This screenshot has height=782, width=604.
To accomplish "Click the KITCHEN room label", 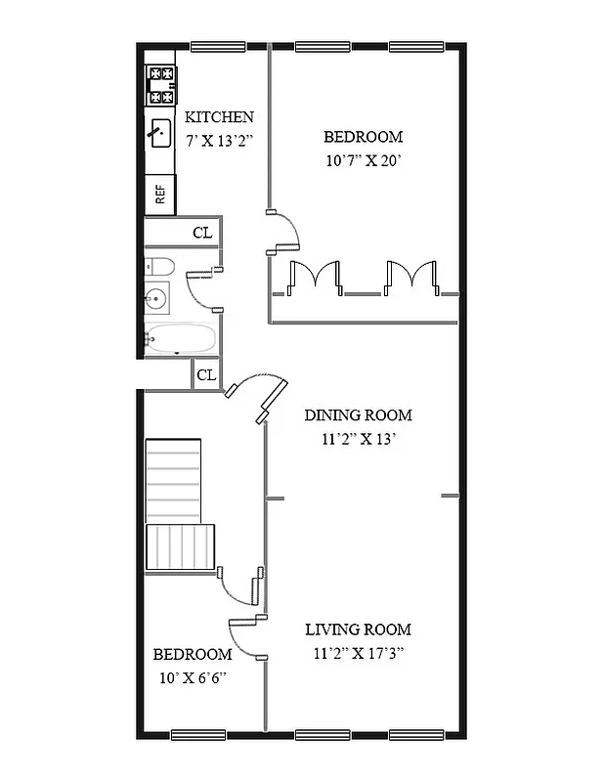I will (x=220, y=117).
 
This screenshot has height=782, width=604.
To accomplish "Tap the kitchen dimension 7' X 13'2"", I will (x=220, y=140).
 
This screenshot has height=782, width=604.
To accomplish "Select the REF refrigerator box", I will (x=160, y=195).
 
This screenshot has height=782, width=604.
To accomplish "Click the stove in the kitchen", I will (x=160, y=85).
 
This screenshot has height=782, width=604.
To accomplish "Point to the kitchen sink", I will (x=159, y=130).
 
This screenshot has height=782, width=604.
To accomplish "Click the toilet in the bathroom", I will (x=159, y=266).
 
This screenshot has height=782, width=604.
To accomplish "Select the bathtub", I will (x=181, y=339).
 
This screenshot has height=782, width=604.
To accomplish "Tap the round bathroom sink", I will (x=157, y=299).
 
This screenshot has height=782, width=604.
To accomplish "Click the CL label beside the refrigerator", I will (x=202, y=232).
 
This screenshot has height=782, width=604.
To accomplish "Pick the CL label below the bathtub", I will (x=206, y=374).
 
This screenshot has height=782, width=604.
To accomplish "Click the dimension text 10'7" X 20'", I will (x=364, y=160).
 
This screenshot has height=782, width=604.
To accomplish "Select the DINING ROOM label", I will (x=358, y=414).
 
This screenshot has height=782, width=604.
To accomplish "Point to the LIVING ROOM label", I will (x=358, y=630).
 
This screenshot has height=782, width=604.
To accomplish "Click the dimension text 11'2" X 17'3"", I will (x=358, y=653).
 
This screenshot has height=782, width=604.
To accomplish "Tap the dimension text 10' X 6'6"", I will (x=192, y=676).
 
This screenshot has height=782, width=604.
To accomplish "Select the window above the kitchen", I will (x=217, y=46).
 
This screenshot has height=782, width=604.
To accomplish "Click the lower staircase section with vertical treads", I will (x=180, y=547).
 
